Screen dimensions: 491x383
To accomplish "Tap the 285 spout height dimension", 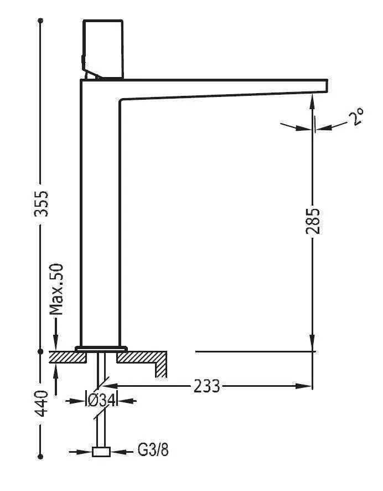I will coord(313,222).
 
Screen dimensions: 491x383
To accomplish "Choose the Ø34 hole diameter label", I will coord(101,400).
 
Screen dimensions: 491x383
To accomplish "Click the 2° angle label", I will coord(355,117).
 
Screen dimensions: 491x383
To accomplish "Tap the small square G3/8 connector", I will coord(101,452).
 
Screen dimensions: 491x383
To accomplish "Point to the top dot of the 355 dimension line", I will coord(40,21).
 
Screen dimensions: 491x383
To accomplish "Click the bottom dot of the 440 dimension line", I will coord(40,456).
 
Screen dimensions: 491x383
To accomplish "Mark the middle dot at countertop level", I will coord(40,351).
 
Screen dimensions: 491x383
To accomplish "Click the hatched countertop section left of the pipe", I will coord(68,357).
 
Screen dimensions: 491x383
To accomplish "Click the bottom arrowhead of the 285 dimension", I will coord(313,344).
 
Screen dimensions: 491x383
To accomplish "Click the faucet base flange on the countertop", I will coord(101,348).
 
